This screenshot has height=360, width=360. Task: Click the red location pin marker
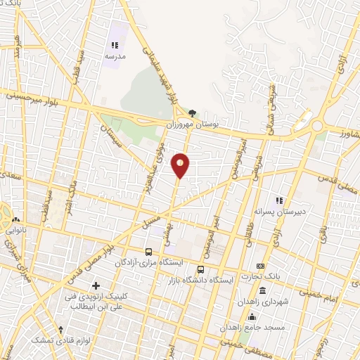click(x=181, y=165)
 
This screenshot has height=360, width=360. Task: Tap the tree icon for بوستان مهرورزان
click(x=192, y=112)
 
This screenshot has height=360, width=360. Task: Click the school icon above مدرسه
click(x=115, y=46)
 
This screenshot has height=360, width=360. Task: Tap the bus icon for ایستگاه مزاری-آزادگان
click(x=148, y=251)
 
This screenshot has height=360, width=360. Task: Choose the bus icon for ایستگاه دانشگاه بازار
click(x=201, y=269)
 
